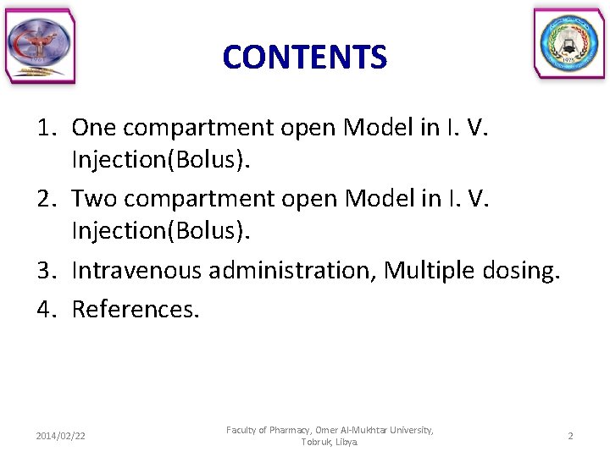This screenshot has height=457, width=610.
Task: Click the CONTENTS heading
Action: pos(304,58)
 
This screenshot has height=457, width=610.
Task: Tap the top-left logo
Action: pos(41,47)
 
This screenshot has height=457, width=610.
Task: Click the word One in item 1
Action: pos(95,128)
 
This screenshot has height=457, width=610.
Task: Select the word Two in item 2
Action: pos(96,199)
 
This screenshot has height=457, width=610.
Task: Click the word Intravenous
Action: pos(136,271)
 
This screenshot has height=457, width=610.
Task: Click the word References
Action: pos(136,310)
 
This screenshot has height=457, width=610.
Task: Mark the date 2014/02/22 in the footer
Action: pos(60,436)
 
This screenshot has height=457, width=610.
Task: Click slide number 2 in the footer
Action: pos(570,436)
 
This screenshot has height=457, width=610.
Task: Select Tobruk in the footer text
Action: pos(316,443)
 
